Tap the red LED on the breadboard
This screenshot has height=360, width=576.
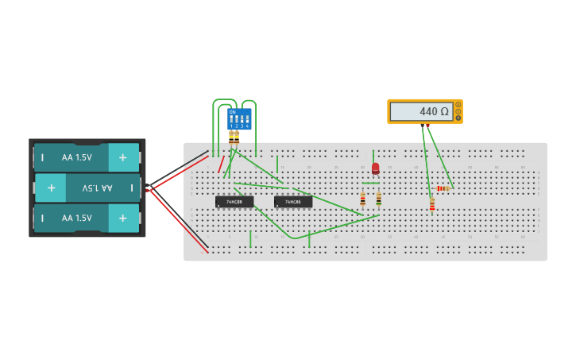375,168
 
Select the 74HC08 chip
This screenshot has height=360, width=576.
234,202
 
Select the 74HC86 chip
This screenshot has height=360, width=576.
293,202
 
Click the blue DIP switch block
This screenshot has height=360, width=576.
239,119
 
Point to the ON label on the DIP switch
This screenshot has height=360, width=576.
232,112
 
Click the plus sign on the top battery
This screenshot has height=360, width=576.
122,157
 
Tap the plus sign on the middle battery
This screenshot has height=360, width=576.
51,188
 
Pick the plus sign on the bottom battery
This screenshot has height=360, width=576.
122,218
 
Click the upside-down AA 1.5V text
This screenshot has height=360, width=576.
94,188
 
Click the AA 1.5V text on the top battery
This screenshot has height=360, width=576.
77,157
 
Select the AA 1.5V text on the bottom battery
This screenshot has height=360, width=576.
77,218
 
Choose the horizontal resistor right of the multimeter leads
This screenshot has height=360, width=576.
443,188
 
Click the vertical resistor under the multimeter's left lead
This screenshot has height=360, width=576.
432,205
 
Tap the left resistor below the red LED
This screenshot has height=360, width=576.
363,199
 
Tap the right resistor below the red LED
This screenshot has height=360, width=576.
378,199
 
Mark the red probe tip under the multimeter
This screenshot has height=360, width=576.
427,126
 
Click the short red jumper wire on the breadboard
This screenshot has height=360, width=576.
222,164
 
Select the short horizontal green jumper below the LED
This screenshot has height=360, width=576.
370,183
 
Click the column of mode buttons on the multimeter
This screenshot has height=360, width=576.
458,111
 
